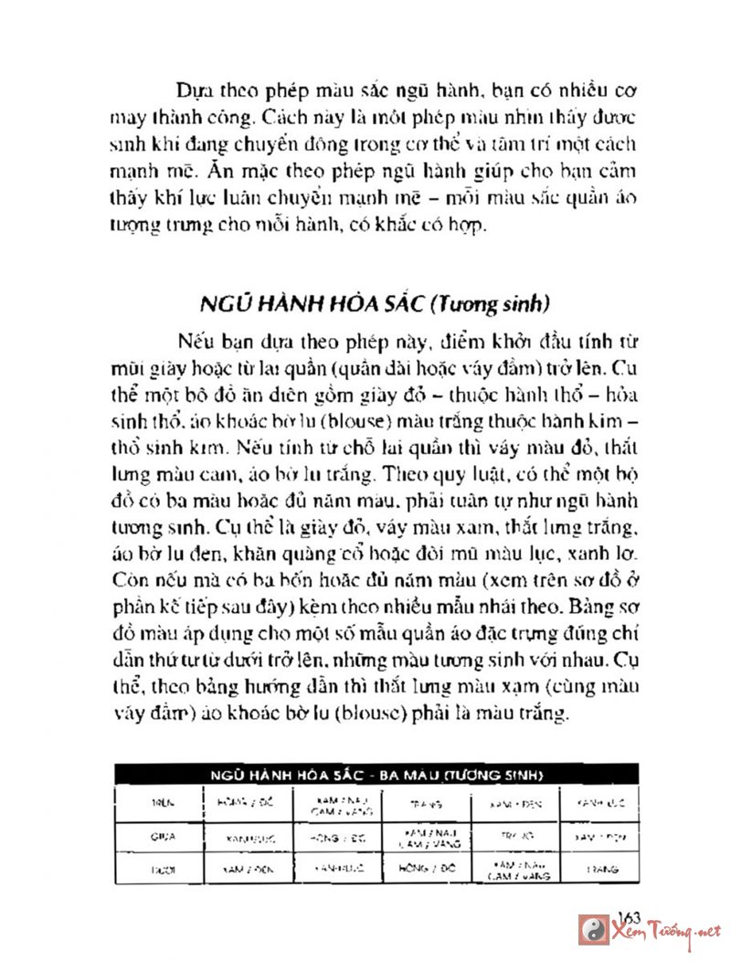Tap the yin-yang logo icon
[593, 930]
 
